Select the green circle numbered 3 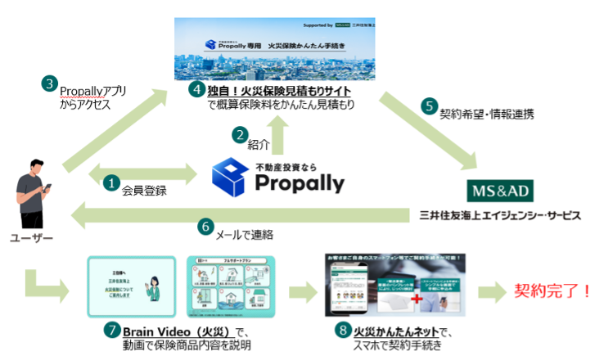(51, 84)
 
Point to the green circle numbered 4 (196, 90)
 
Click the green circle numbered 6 (205, 227)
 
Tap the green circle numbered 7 (112, 331)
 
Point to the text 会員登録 (144, 190)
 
